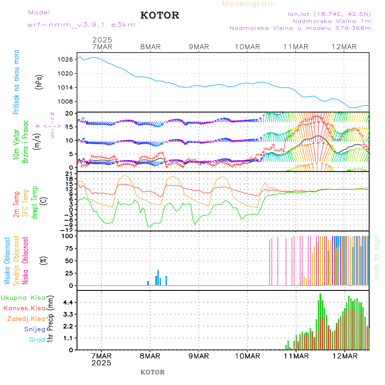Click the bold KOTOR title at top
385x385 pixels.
pyautogui.click(x=160, y=15)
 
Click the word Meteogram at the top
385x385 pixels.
pyautogui.click(x=249, y=4)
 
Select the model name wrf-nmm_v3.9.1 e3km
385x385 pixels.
pyautogui.click(x=81, y=25)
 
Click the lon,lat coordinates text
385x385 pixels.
pyautogui.click(x=329, y=14)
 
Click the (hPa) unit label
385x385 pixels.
pyautogui.click(x=39, y=81)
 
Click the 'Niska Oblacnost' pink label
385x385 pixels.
pyautogui.click(x=25, y=261)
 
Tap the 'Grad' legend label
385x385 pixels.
pyautogui.click(x=37, y=340)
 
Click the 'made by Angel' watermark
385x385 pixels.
pyautogui.click(x=377, y=257)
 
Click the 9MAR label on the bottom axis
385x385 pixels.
pyautogui.click(x=198, y=356)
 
